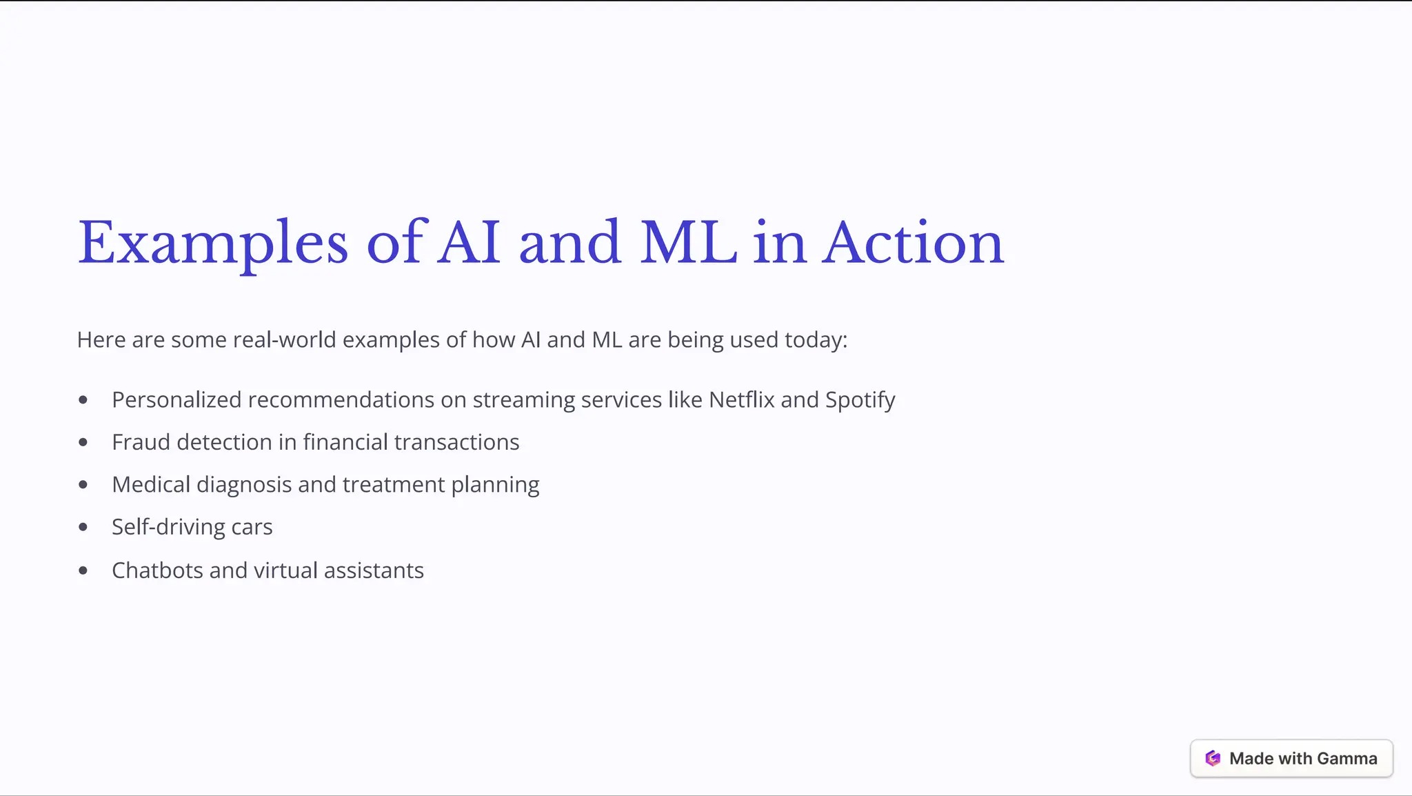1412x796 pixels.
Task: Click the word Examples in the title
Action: [x=212, y=243]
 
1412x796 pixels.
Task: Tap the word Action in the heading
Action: [x=913, y=243]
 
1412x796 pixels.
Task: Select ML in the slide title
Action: [x=688, y=243]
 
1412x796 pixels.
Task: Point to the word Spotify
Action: [x=860, y=400]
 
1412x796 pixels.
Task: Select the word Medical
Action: [x=151, y=485]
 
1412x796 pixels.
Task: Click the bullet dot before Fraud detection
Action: [x=83, y=442]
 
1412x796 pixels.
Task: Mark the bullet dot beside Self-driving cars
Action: [x=83, y=528]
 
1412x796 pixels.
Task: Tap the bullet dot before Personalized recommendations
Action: [x=83, y=400]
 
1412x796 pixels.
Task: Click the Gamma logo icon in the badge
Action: [x=1213, y=759]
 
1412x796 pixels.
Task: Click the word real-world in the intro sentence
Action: [x=284, y=340]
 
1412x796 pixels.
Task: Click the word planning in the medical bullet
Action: [x=495, y=485]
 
